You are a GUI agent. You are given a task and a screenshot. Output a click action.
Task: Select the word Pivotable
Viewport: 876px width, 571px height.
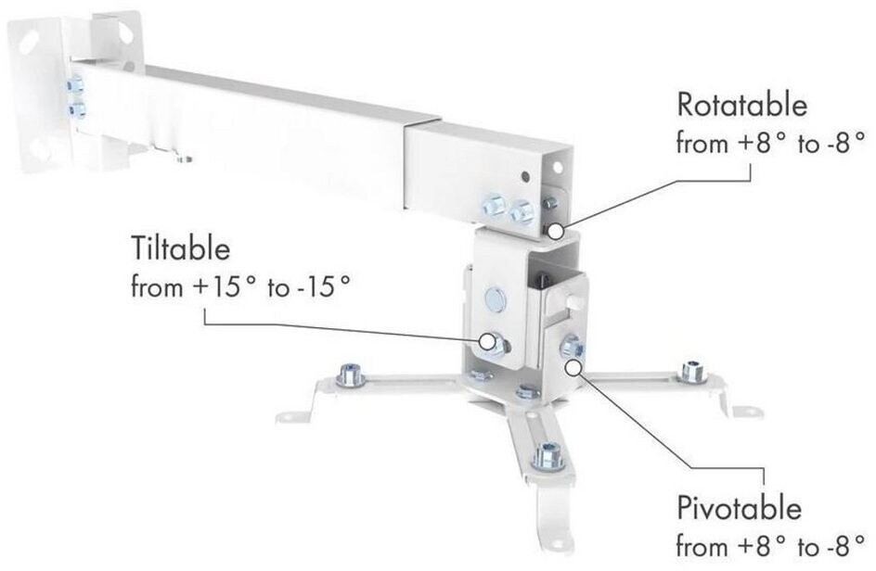(739, 509)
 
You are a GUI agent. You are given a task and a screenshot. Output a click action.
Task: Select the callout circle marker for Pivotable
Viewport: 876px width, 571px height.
(573, 366)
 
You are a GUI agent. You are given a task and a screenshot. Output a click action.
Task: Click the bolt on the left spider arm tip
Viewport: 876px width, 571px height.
(350, 374)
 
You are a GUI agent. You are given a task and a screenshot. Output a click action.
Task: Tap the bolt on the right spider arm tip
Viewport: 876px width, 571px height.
(692, 372)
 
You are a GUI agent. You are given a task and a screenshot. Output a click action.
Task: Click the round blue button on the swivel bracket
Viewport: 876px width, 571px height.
(496, 299)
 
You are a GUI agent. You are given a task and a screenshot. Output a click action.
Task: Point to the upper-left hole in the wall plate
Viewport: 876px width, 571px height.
(31, 41)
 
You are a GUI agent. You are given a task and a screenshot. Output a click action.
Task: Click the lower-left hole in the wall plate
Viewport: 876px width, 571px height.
(40, 149)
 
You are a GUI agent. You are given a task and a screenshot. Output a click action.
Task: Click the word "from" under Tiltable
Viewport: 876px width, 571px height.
(158, 287)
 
